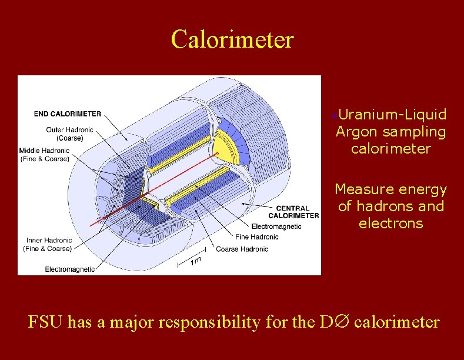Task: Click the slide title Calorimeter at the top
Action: [232, 39]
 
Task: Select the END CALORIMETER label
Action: [67, 114]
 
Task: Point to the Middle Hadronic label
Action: [44, 154]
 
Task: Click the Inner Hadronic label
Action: [49, 244]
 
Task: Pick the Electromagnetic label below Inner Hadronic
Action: [70, 269]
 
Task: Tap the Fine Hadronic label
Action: [256, 237]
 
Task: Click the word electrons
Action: [390, 224]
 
